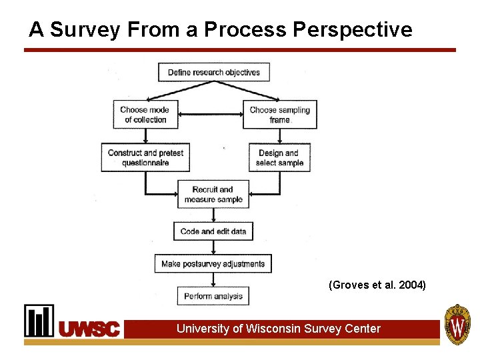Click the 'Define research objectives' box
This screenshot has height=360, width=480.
(x=213, y=72)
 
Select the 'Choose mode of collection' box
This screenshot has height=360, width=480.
(x=145, y=115)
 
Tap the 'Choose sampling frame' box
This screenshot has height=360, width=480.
(x=280, y=115)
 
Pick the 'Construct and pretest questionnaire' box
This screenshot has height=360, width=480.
(x=145, y=157)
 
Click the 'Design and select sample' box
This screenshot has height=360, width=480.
(x=279, y=157)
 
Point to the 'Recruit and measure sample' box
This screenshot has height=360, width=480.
(x=213, y=194)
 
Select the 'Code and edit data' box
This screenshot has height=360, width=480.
(x=213, y=231)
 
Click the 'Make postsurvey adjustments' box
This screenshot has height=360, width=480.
(x=213, y=264)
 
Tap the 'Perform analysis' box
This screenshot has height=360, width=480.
(x=213, y=296)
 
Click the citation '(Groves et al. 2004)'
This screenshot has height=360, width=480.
(x=377, y=285)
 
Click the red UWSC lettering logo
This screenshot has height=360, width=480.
(x=89, y=329)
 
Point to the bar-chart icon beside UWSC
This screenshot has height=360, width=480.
(x=39, y=321)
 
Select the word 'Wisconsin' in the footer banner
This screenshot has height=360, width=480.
(x=273, y=329)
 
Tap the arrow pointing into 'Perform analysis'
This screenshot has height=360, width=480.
(x=213, y=280)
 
